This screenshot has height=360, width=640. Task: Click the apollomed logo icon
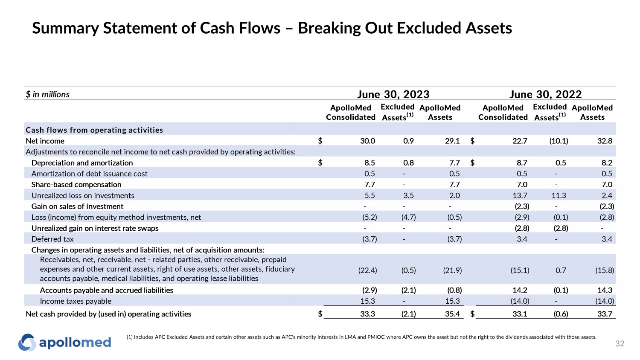tap(27, 342)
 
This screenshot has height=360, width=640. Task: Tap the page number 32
tap(620, 344)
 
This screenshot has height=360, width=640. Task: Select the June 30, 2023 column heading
tap(393, 94)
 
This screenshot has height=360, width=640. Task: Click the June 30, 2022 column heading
tap(545, 94)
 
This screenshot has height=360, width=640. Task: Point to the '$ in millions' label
tap(47, 94)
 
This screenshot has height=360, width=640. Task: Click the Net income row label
tap(45, 141)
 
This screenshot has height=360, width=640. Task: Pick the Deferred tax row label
tap(52, 239)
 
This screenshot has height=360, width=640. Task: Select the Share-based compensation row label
tap(76, 184)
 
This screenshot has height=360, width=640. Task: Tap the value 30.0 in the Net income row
tap(367, 141)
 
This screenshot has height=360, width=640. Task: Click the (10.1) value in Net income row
tap(559, 141)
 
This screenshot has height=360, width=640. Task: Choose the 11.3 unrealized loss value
tap(559, 195)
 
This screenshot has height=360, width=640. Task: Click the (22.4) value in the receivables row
tap(367, 270)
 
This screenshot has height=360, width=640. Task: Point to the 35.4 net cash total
tap(452, 314)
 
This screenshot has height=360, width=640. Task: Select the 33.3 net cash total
tap(367, 314)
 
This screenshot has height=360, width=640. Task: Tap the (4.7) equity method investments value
tap(408, 217)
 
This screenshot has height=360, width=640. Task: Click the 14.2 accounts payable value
tap(520, 290)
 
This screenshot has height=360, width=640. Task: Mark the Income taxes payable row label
tap(76, 301)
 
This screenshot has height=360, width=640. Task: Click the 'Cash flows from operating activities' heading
tap(94, 130)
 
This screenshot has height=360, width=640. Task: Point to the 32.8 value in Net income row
tap(605, 141)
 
